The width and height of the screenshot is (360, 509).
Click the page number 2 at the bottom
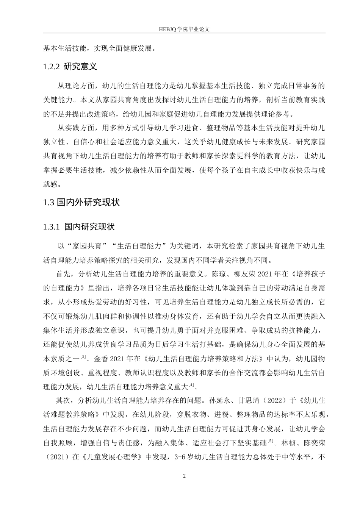[x=184, y=476]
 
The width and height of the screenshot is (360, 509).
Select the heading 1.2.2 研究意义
[x=70, y=67]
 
